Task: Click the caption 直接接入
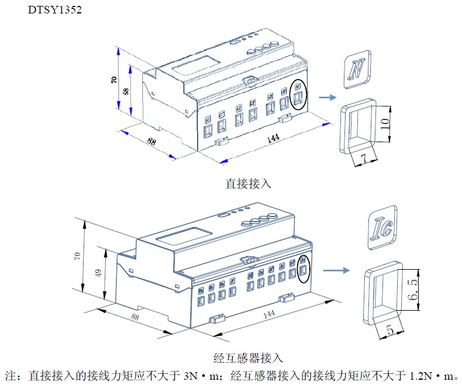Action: coord(248,184)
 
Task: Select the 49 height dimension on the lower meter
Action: coord(99,273)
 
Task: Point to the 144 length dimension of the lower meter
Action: coord(268,314)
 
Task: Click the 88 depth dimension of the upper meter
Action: coord(151,142)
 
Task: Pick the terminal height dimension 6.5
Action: coord(414,289)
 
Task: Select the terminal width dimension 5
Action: coord(390,331)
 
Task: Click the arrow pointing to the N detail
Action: coord(328,98)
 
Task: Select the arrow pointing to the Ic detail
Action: coord(337,270)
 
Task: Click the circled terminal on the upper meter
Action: coord(298,95)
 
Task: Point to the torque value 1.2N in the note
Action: coord(420,374)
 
